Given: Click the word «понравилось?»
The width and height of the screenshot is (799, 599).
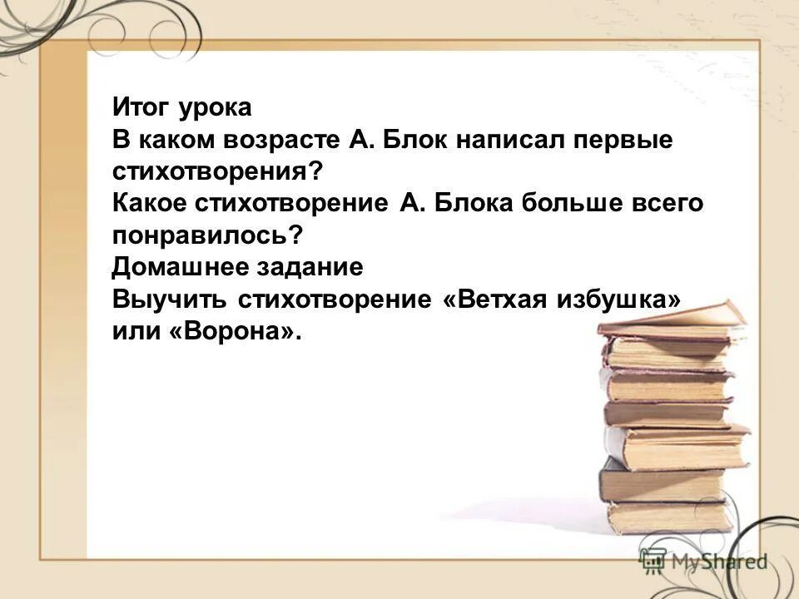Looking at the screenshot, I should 207,235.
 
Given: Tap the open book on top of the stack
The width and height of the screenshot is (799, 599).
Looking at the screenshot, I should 674,320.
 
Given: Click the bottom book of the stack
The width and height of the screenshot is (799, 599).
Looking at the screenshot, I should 658,517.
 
